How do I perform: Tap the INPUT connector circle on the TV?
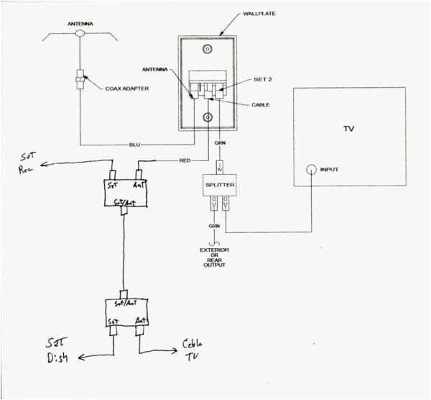[312, 171]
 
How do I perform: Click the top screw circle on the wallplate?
[208, 50]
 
